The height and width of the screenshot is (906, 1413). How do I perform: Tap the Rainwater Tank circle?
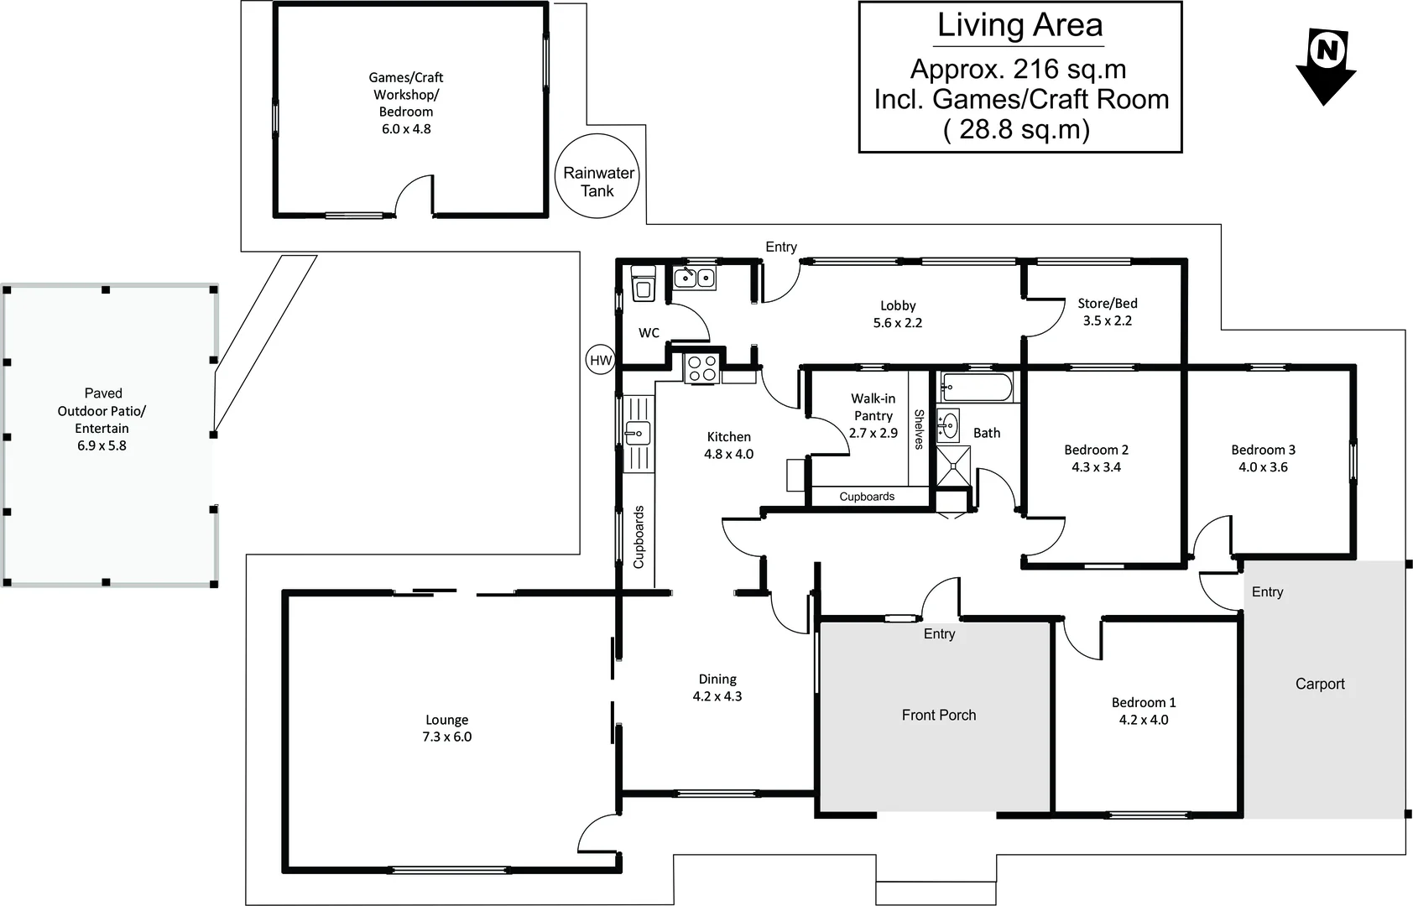[597, 176]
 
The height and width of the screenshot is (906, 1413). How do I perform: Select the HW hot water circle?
[600, 360]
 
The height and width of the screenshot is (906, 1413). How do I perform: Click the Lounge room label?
[446, 720]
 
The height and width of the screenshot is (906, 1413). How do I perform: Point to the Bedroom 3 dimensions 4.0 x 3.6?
[1263, 467]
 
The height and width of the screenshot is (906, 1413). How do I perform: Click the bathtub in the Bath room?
[976, 386]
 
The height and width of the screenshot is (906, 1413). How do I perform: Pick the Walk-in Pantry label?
[873, 407]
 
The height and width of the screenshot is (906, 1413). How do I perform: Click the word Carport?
[1320, 684]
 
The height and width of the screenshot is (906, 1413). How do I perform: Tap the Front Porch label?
[939, 715]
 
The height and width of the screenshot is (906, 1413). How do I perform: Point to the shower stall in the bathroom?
[953, 466]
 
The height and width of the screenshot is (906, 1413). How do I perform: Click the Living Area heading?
[1019, 25]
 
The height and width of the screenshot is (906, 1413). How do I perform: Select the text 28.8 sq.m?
[1025, 129]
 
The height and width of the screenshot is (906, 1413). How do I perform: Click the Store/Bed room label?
[1107, 304]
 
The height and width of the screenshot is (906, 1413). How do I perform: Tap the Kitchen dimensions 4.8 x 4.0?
[728, 454]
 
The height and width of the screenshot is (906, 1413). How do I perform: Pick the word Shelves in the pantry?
[919, 430]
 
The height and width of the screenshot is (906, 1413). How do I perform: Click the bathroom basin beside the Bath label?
[948, 424]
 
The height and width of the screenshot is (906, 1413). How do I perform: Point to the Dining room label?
[717, 679]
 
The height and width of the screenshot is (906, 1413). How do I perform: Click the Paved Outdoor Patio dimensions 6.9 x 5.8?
[102, 445]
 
